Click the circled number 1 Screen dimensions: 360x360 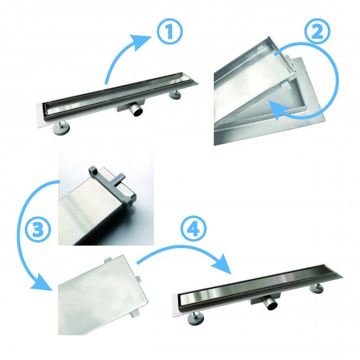pyautogui.click(x=170, y=32)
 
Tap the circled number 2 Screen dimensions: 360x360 pyautogui.click(x=317, y=32)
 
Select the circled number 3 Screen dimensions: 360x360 pyautogui.click(x=38, y=230)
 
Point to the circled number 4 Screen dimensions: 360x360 pyautogui.click(x=194, y=229)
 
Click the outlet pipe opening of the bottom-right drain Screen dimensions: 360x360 pyautogui.click(x=272, y=306)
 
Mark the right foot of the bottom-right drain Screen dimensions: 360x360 pyautogui.click(x=316, y=289)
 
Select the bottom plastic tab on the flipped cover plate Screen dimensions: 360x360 pyautogui.click(x=135, y=314)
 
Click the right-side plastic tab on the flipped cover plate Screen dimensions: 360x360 pyautogui.click(x=137, y=279)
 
